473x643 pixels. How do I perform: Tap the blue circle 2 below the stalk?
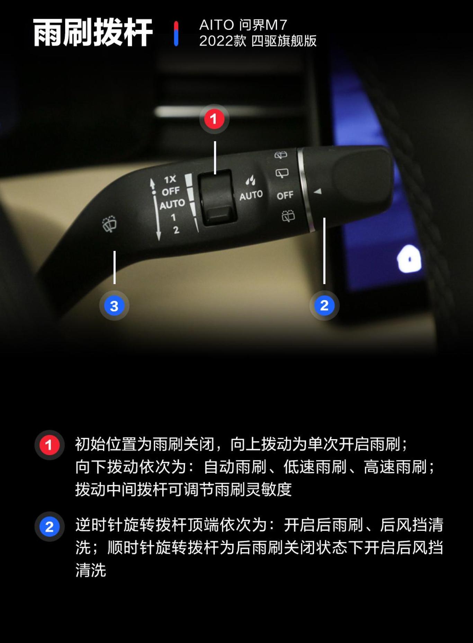click(x=324, y=305)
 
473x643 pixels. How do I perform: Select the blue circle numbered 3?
click(x=114, y=306)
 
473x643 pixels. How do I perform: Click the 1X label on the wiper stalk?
click(x=170, y=179)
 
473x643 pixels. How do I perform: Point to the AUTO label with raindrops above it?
click(x=251, y=195)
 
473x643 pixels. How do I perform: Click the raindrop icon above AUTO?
click(x=250, y=180)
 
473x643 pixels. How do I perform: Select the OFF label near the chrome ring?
click(x=285, y=196)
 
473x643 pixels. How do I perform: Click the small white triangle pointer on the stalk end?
click(x=318, y=191)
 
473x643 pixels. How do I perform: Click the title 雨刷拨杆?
click(x=93, y=33)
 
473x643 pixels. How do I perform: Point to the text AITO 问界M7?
click(x=243, y=25)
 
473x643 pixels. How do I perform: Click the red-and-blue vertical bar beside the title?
click(x=176, y=33)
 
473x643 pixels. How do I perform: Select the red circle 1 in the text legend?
click(x=49, y=445)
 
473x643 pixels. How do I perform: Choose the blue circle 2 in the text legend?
click(x=49, y=526)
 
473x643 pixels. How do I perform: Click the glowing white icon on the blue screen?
click(x=409, y=259)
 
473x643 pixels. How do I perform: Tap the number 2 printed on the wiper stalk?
click(x=176, y=230)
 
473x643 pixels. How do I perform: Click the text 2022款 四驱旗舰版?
click(x=258, y=41)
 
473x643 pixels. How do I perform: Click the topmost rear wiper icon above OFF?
click(x=281, y=155)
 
